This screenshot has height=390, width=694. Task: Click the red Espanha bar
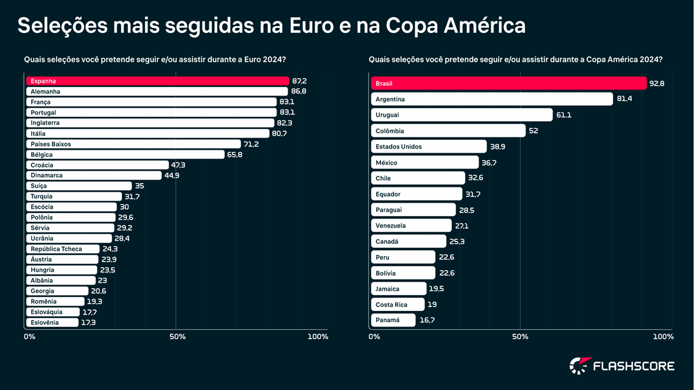157,81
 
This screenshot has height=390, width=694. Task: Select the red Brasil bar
508,83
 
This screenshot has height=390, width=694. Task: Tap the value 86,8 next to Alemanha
299,91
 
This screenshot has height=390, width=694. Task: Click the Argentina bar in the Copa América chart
492,99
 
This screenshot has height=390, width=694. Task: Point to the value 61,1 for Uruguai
564,115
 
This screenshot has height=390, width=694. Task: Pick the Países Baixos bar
133,144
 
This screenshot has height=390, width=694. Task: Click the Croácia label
42,165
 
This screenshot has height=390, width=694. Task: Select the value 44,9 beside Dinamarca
172,176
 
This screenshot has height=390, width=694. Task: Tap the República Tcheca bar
63,249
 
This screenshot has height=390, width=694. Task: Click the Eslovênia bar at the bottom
52,322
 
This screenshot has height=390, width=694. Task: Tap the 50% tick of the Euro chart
177,336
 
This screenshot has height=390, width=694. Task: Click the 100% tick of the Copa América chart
663,336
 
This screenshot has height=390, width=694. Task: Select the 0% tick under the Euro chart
29,336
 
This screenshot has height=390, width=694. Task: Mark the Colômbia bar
448,131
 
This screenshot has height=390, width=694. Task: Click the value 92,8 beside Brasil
657,83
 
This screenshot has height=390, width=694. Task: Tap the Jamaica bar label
387,288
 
